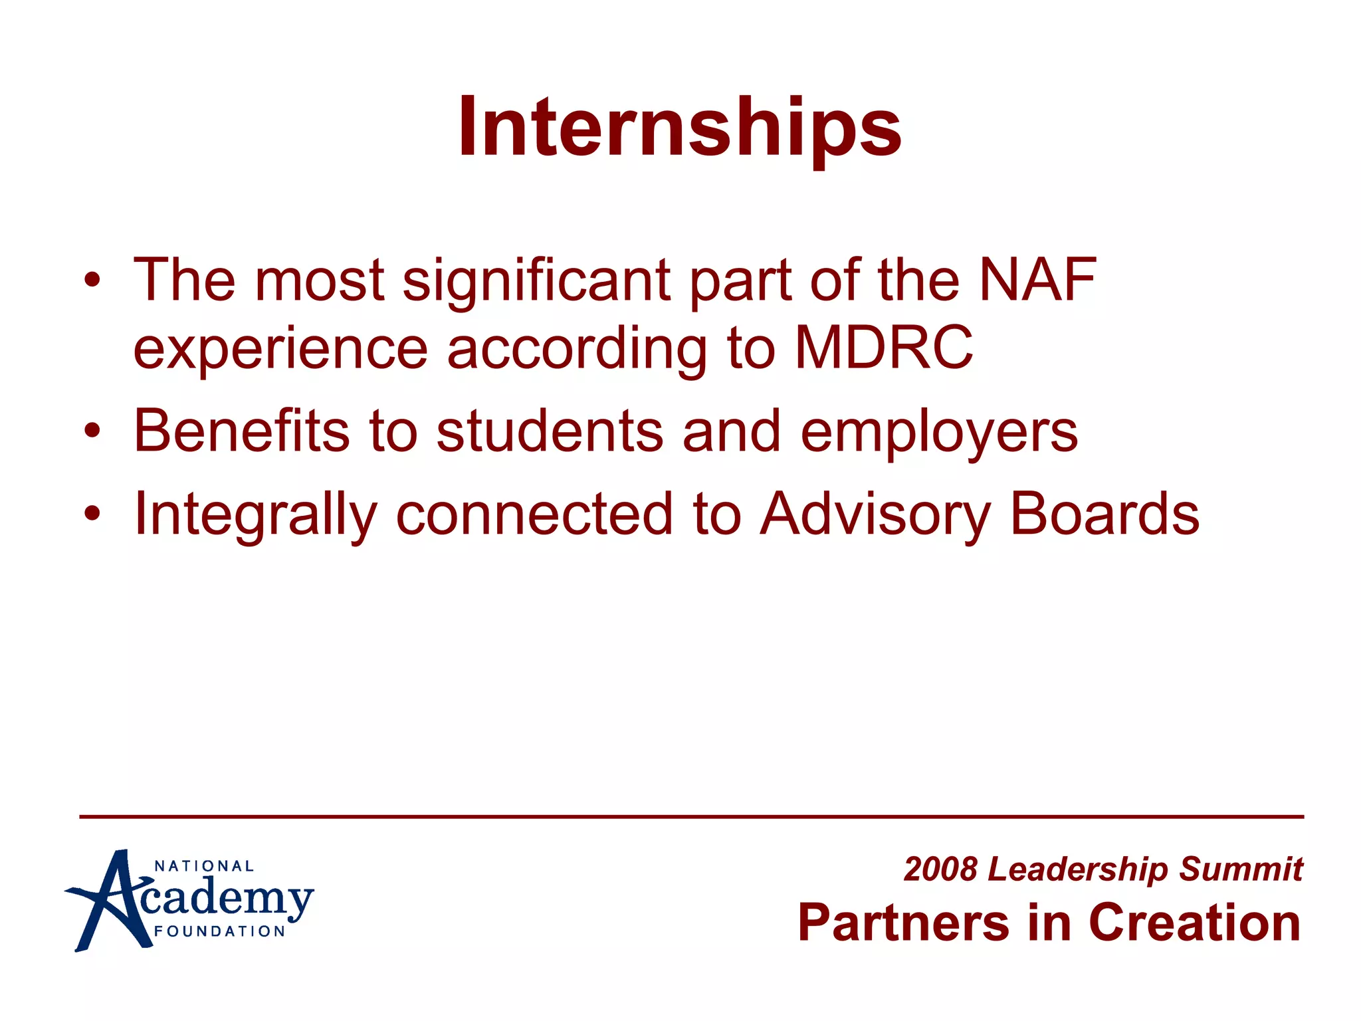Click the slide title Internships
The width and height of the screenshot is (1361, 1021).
679,127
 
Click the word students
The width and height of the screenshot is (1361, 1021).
550,431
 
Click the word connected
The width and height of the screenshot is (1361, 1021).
534,514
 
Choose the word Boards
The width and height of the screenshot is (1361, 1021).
1104,514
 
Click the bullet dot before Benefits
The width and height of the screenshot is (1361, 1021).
92,431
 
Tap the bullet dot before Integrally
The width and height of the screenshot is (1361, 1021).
92,513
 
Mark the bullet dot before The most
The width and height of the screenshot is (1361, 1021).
92,279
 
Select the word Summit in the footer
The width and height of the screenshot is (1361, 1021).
1241,869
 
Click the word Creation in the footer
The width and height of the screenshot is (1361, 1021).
1194,923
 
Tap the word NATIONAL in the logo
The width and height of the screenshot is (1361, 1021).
204,866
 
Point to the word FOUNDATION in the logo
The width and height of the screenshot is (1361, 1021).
219,931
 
